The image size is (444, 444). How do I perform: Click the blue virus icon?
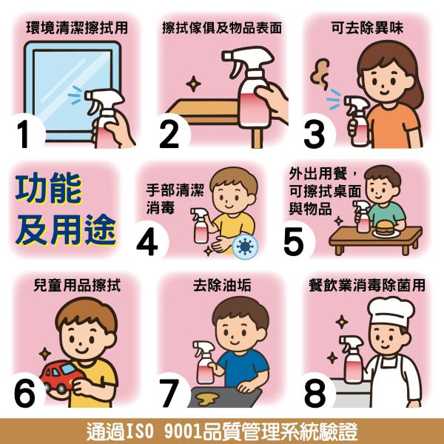(x=245, y=246)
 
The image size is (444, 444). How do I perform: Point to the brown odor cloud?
(x=320, y=73)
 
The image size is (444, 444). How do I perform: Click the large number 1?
(x=24, y=134)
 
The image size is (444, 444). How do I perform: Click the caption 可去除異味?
(x=367, y=28)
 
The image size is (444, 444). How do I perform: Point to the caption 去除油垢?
(x=222, y=285)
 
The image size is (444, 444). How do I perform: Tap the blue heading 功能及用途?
(x=65, y=209)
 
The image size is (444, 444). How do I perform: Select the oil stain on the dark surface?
(x=207, y=400)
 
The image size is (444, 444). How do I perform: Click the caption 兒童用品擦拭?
(x=77, y=285)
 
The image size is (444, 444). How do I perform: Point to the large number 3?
(x=314, y=134)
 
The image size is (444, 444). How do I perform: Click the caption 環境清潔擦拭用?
(x=77, y=28)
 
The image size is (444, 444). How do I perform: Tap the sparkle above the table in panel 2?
(x=193, y=84)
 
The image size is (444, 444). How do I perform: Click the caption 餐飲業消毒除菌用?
(x=367, y=285)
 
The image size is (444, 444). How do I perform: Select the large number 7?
(x=169, y=394)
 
